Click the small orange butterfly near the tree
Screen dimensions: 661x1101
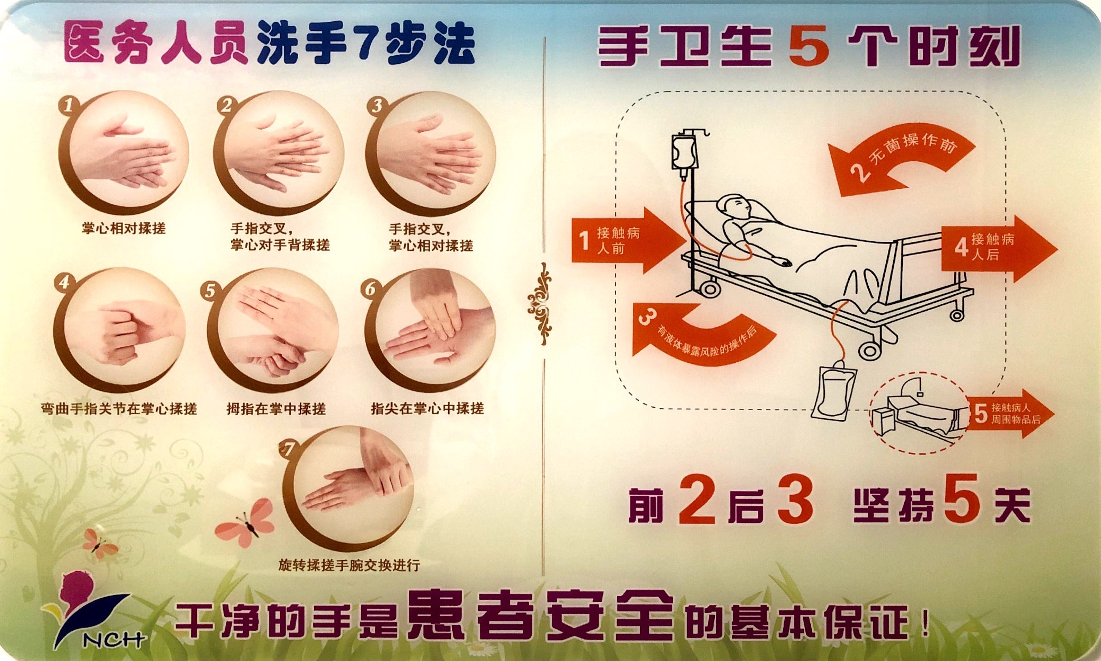[101, 546]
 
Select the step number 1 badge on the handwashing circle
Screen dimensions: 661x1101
[68, 105]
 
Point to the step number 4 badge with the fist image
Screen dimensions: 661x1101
[64, 282]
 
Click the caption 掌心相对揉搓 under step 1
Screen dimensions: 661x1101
[124, 228]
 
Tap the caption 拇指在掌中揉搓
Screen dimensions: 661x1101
[276, 409]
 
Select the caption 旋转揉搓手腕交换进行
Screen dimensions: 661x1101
[349, 565]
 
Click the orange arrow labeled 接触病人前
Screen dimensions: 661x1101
[625, 240]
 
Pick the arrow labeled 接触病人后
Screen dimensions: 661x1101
[996, 248]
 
